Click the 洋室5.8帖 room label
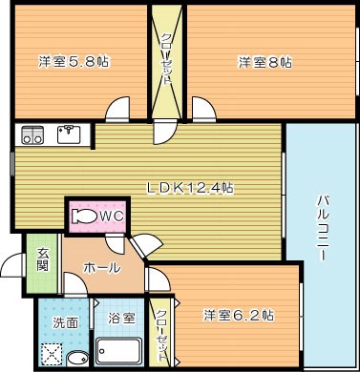tap(74, 62)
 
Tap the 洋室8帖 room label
tap(265, 62)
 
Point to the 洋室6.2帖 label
tap(239, 314)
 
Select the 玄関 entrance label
tap(43, 258)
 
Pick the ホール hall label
tap(102, 268)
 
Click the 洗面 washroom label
tap(65, 321)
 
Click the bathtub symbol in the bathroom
tap(120, 354)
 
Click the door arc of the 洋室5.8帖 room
tap(117, 109)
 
